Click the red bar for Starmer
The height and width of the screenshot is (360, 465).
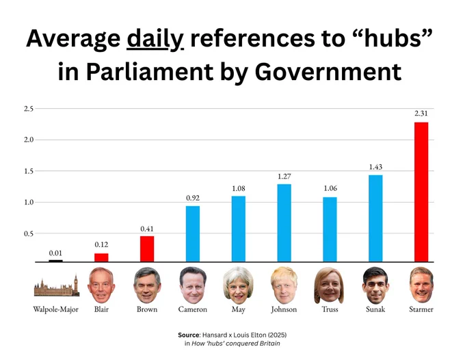(x=421, y=192)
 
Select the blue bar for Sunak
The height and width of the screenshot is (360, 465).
(x=375, y=218)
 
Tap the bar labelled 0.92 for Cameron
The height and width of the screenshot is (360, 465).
(x=193, y=234)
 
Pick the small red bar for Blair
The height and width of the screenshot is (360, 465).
(x=101, y=257)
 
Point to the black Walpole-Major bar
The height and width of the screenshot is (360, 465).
(x=56, y=261)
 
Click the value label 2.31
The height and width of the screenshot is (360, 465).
(x=421, y=113)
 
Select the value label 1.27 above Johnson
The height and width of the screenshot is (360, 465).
(x=284, y=177)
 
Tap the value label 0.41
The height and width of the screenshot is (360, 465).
(x=147, y=229)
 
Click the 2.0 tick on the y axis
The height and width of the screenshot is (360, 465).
(x=29, y=140)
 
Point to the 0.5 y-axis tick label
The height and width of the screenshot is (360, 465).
(x=29, y=233)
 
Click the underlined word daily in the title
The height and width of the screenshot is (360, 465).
(x=155, y=39)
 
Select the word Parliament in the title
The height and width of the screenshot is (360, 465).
(x=150, y=72)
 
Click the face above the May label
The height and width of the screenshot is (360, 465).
(x=238, y=285)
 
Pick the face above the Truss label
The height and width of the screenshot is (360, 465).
(x=329, y=285)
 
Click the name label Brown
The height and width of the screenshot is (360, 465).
(x=147, y=309)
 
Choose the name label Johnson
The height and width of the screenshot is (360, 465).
(x=284, y=309)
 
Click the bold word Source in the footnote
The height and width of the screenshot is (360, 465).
(x=189, y=335)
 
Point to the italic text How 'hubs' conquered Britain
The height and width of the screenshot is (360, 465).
(x=236, y=344)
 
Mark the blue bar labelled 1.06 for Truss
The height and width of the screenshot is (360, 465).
(x=330, y=229)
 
